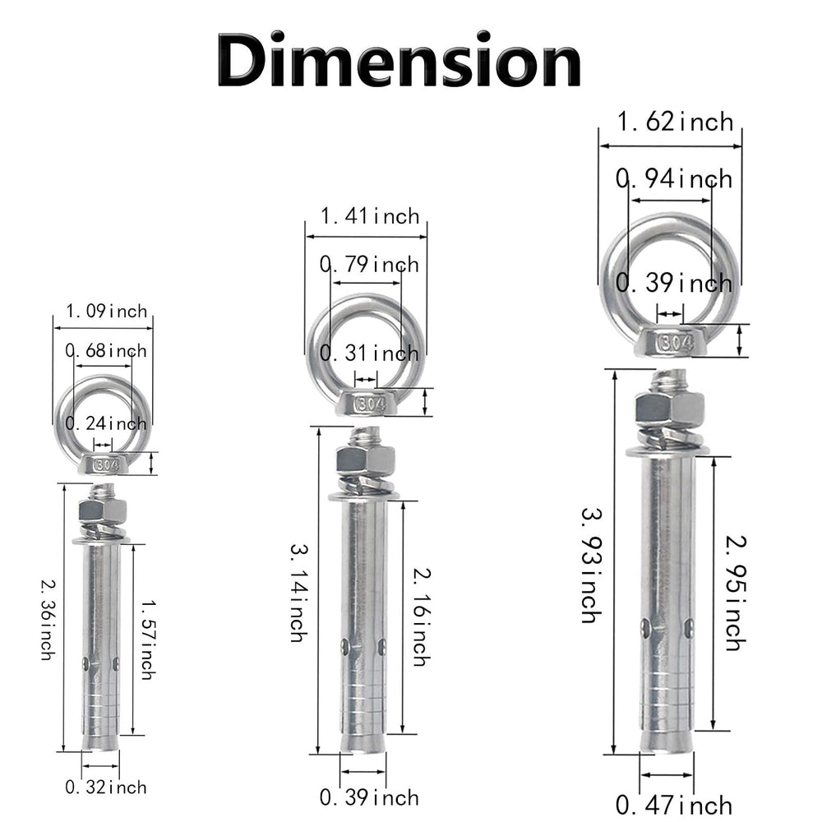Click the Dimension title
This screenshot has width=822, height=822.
pos(399,59)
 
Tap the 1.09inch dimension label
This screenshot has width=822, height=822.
pos(106,312)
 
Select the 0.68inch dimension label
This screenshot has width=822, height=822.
pos(106,351)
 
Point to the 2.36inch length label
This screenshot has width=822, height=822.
pos(48,619)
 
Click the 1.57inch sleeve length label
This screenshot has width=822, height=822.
pos(148,640)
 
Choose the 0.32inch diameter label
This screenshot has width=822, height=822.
pos(106,787)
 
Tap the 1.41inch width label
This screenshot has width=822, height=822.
pos(370,216)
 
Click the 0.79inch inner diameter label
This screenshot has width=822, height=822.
pos(370,264)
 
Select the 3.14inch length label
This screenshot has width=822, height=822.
pos(299,593)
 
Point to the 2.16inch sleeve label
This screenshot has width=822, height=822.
pos(422,616)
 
